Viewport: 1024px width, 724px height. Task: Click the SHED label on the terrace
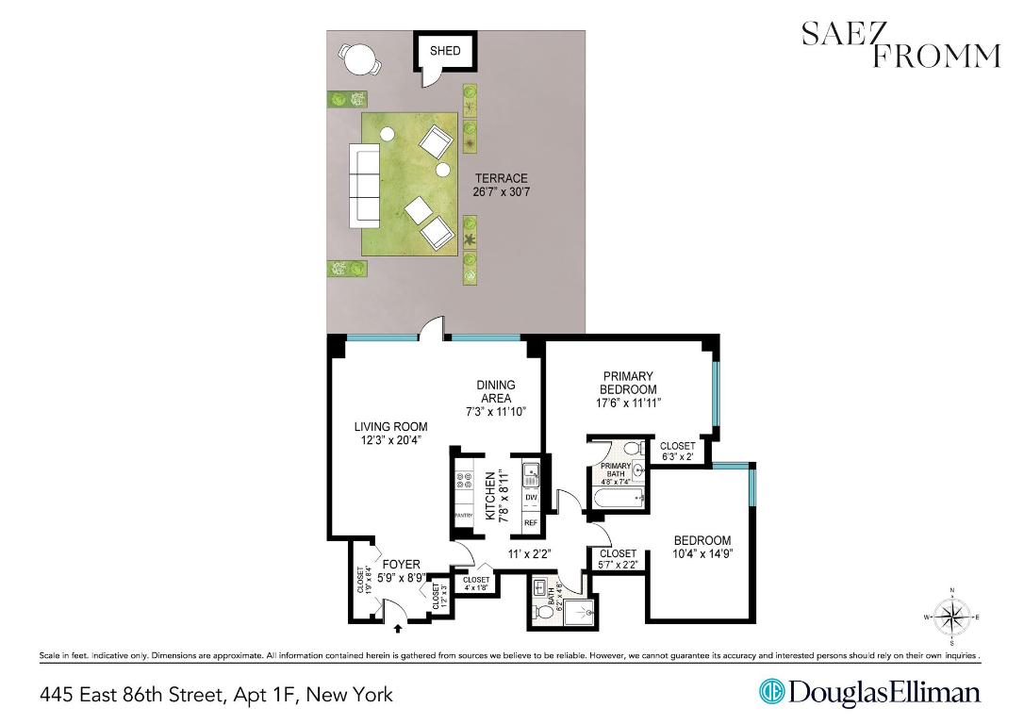click(x=445, y=51)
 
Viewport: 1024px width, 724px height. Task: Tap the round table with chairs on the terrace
click(x=360, y=61)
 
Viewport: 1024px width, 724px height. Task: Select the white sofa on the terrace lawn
click(x=364, y=184)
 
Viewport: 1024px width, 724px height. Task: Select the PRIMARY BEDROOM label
click(x=628, y=389)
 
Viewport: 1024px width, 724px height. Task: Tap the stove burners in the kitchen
click(x=463, y=484)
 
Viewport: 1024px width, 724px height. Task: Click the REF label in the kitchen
click(x=530, y=521)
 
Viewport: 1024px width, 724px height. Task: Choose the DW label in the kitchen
click(x=530, y=498)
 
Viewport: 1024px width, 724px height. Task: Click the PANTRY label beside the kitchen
click(x=463, y=516)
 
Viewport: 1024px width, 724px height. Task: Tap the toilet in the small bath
click(x=543, y=612)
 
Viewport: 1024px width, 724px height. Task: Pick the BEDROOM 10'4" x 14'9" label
click(x=702, y=547)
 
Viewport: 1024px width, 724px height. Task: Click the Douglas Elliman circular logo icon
click(x=772, y=693)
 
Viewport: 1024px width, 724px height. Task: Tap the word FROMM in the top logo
click(x=934, y=57)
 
